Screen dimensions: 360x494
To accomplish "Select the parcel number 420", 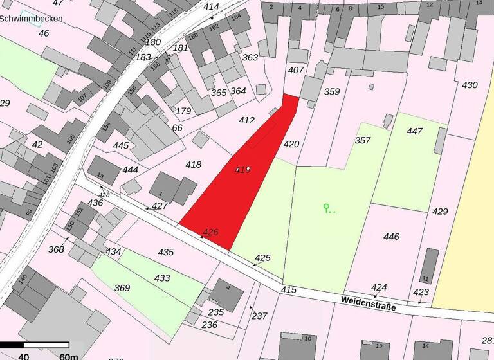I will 291,145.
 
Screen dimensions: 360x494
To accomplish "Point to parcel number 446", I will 391,237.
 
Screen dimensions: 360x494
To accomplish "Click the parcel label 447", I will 415,131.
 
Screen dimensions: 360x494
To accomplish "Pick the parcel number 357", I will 363,140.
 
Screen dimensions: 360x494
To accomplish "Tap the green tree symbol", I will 327,208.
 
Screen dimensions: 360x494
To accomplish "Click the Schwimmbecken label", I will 32,19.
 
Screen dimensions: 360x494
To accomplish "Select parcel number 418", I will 193,165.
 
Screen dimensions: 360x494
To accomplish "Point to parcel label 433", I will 162,278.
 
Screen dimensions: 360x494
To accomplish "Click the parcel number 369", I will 122,287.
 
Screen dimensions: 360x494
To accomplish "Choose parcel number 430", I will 470,85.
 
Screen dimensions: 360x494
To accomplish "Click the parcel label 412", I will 246,120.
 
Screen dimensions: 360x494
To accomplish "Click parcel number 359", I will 331,92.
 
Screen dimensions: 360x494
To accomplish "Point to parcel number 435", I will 166,252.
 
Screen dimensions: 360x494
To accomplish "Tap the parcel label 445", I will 121,146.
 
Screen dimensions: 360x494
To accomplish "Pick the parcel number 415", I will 288,290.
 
